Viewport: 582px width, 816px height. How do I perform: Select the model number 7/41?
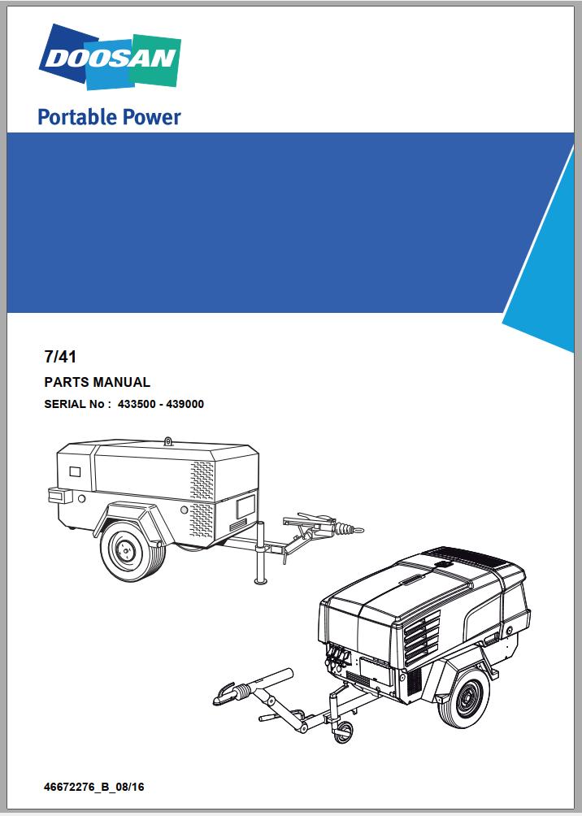(59, 355)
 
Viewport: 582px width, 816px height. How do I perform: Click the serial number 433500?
(137, 403)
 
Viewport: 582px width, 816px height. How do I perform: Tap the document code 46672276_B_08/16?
(96, 787)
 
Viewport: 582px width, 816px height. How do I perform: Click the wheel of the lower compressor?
(463, 702)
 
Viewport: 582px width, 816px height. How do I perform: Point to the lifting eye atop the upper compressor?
(168, 441)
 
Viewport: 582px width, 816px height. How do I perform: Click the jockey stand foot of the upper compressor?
(261, 580)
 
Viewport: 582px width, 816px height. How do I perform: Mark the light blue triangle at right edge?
(545, 260)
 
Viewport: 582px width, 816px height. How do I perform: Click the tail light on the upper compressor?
(56, 494)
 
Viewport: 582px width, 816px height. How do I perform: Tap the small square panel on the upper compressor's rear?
(75, 471)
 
